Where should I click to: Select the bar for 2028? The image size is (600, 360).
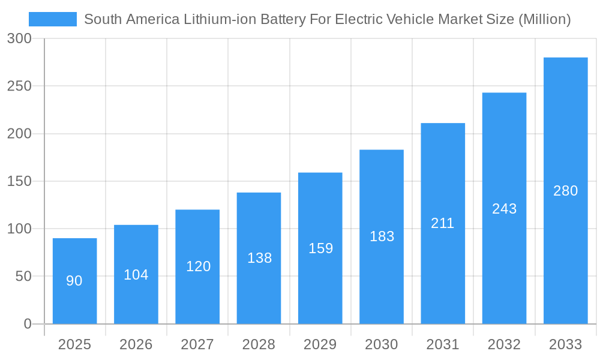pos(259,258)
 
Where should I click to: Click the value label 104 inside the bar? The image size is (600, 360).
pos(136,275)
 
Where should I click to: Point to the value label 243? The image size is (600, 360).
pos(504,209)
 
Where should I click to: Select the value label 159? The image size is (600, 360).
pos(320,248)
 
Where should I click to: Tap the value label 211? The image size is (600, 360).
pos(443,223)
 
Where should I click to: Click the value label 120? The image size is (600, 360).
pos(198,266)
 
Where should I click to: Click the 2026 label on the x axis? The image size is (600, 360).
pos(136,344)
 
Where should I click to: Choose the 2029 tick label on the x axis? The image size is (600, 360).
pos(320,344)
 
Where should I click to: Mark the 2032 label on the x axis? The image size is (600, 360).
pos(504,344)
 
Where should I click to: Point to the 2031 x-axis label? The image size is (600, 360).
pos(443,344)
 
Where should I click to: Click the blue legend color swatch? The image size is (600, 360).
pos(53,19)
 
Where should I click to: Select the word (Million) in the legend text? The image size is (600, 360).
pos(544,19)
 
